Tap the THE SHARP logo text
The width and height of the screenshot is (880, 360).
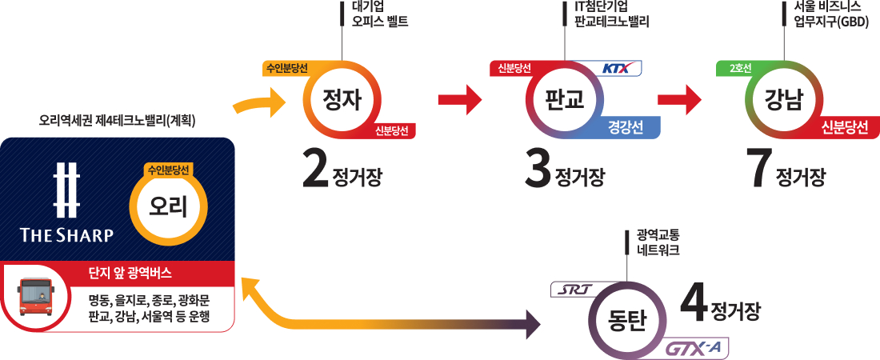click(x=67, y=234)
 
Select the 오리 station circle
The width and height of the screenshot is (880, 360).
click(x=169, y=206)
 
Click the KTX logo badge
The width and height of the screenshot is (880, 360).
click(x=621, y=69)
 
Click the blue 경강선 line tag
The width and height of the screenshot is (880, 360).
click(x=627, y=128)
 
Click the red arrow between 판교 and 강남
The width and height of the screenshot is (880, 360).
click(x=679, y=100)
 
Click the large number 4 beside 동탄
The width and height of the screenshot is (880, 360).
click(x=694, y=302)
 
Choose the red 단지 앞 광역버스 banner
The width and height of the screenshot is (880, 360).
click(x=117, y=273)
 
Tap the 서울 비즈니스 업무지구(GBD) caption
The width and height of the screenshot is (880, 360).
click(x=827, y=14)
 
